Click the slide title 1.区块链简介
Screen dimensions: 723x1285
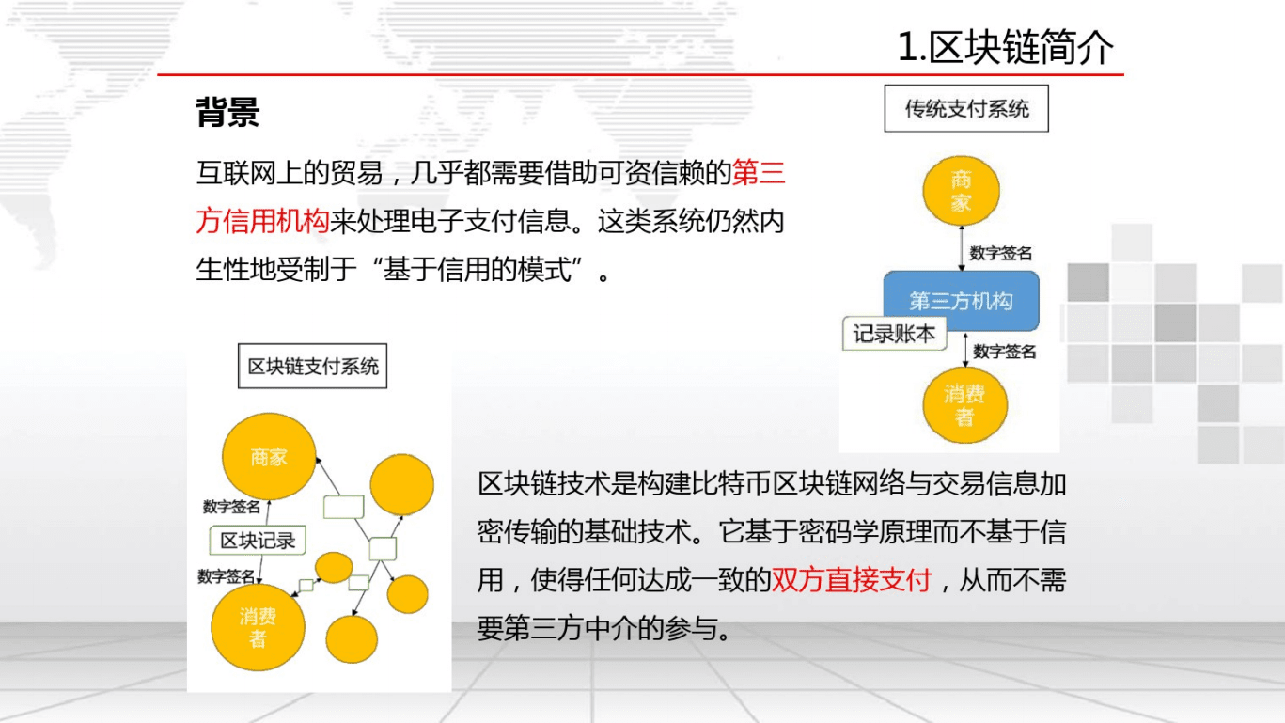click(1005, 47)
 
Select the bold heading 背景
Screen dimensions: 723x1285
click(227, 113)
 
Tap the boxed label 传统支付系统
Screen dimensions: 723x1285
click(966, 109)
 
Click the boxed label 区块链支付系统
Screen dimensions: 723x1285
click(312, 366)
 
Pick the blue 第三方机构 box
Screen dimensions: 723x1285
click(961, 301)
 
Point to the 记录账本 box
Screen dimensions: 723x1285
click(893, 334)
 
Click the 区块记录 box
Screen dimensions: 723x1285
click(258, 541)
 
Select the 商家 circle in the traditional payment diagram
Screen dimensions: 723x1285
click(961, 191)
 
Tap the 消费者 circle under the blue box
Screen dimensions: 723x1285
click(964, 406)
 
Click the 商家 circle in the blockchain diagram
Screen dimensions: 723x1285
click(268, 458)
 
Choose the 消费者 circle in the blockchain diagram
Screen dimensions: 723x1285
click(257, 627)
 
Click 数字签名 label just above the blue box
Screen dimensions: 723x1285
click(1001, 253)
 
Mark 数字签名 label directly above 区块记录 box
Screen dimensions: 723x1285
click(231, 507)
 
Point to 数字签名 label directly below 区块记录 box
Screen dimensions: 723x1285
click(226, 576)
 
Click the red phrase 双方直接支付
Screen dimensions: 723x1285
click(851, 580)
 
